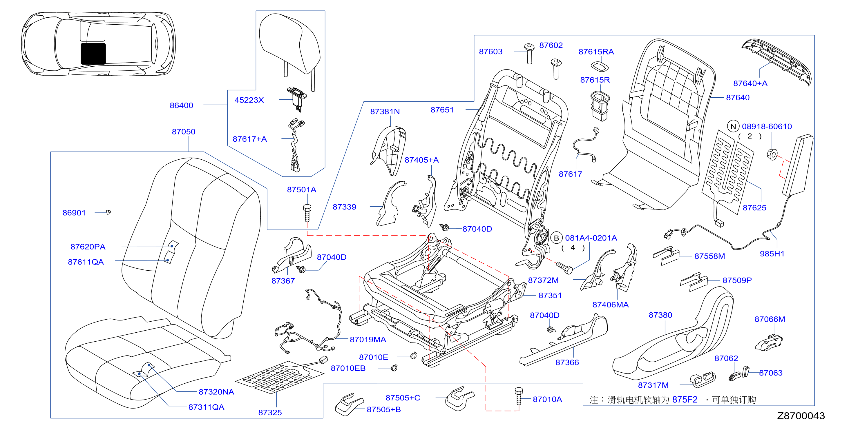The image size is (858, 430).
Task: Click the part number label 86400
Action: (x=181, y=105)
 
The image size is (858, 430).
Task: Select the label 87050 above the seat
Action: (x=184, y=132)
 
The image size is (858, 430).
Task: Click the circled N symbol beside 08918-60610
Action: (x=733, y=126)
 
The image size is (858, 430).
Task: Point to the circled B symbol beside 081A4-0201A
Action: (x=556, y=238)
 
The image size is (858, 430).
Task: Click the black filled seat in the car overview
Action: (x=93, y=54)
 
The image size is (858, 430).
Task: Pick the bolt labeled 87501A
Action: (x=307, y=213)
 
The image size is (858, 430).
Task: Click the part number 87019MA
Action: (x=368, y=340)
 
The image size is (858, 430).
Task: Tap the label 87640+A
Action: (x=750, y=83)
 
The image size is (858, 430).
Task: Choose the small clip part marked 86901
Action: (x=108, y=212)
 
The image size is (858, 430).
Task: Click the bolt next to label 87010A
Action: (x=519, y=396)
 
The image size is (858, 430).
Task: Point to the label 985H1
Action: (x=772, y=254)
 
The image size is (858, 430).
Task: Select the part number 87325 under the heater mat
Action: (x=270, y=413)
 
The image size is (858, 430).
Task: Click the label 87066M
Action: (x=770, y=320)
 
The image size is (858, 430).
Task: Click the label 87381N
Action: (x=385, y=112)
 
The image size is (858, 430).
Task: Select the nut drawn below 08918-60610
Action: (x=772, y=154)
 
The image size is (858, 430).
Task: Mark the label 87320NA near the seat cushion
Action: (x=216, y=392)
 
